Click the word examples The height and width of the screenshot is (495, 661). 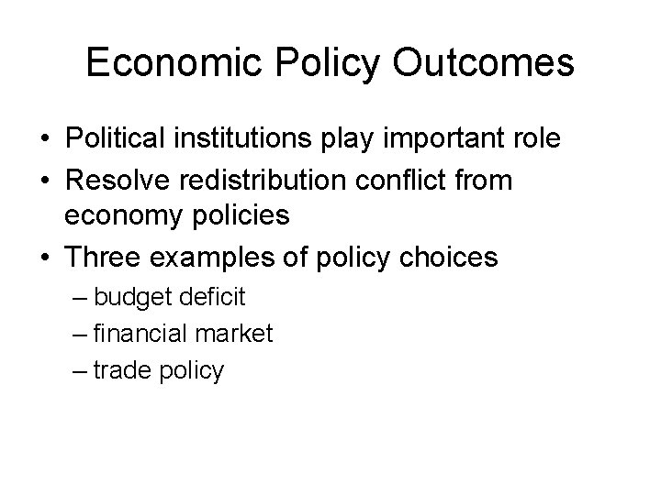(207, 257)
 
